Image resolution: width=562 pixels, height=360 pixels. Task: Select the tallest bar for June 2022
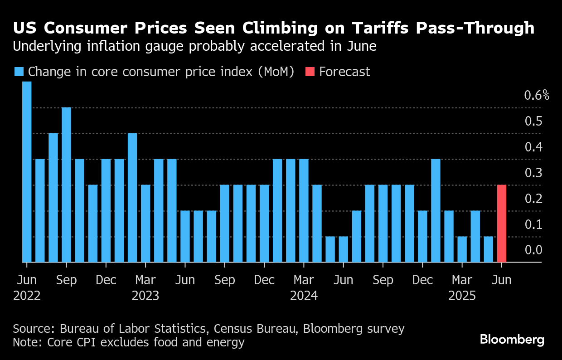(27, 172)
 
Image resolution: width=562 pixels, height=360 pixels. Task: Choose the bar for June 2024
(344, 249)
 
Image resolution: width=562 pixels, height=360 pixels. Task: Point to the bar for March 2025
(462, 249)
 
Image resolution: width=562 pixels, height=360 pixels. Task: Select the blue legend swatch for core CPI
(19, 72)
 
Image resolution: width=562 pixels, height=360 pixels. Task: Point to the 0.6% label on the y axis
(537, 96)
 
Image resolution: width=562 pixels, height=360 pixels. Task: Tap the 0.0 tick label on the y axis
(533, 250)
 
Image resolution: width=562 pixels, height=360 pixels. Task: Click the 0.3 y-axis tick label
(533, 173)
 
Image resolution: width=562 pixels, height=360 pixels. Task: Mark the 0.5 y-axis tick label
(533, 122)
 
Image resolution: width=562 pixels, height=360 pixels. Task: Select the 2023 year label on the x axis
(145, 296)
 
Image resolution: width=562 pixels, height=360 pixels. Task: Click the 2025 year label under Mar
(462, 296)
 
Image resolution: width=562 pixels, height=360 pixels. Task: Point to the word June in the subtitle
(360, 46)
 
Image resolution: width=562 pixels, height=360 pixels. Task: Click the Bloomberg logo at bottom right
(512, 340)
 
